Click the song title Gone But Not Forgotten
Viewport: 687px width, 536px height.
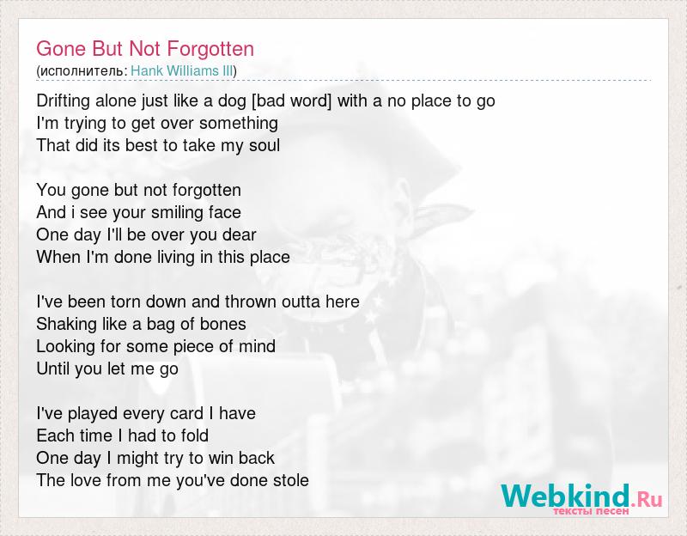click(145, 49)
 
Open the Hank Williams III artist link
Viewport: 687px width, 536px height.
click(182, 71)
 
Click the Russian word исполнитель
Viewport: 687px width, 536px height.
click(82, 71)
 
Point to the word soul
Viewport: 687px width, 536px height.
click(264, 145)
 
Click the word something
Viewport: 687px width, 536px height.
click(239, 124)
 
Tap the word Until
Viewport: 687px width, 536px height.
click(53, 369)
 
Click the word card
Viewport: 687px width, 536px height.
click(186, 414)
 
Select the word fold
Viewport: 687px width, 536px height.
click(193, 436)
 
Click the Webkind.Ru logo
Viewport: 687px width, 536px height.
click(582, 496)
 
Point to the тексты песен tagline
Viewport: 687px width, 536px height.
click(591, 511)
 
